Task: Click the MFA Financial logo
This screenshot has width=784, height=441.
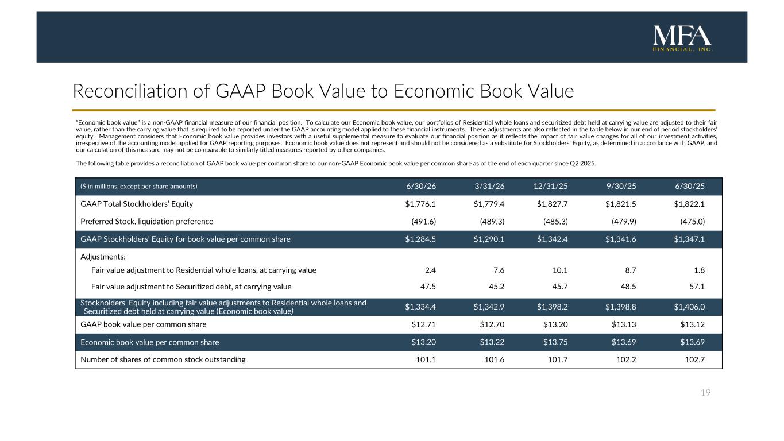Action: point(682,38)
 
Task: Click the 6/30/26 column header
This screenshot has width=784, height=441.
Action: point(421,186)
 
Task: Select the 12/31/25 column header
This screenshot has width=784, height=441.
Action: point(551,186)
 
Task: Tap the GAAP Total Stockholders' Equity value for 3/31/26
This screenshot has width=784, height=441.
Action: point(489,204)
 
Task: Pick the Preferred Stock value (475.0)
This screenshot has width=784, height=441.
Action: point(693,222)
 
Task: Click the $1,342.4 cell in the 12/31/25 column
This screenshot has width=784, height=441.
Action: point(553,239)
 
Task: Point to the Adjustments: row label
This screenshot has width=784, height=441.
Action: point(103,257)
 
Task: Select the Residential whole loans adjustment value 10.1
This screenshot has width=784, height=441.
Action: point(560,270)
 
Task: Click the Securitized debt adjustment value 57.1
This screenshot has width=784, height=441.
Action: point(697,287)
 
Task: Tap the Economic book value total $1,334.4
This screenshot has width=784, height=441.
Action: point(420,307)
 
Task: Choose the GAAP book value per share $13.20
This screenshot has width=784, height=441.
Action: point(555,324)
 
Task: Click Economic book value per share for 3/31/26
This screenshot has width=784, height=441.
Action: point(492,342)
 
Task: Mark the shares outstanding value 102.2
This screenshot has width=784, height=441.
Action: point(626,359)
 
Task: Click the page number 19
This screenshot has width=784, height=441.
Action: point(705,393)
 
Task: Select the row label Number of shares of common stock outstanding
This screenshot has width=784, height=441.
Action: point(163,359)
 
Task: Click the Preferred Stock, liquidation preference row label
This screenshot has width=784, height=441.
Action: point(146,222)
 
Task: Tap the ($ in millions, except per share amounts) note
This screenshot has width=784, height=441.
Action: point(139,187)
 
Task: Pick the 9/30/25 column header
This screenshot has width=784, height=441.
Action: point(621,186)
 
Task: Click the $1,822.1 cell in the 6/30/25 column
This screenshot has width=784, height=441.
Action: point(689,204)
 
